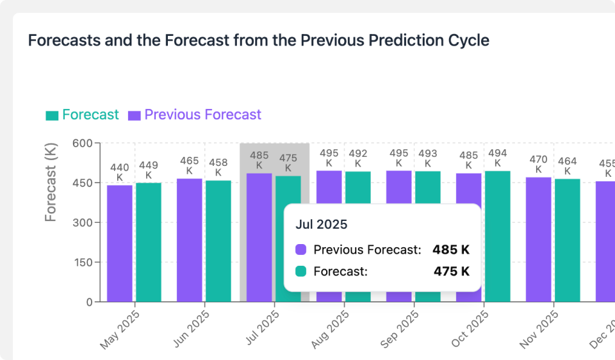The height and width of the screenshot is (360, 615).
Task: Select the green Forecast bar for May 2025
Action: (149, 242)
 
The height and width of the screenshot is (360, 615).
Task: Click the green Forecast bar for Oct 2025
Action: (498, 236)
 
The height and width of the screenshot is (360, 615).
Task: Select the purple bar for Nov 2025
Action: (539, 239)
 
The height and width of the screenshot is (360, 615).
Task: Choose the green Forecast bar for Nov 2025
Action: (568, 240)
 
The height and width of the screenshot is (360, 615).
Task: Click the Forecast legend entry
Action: (82, 115)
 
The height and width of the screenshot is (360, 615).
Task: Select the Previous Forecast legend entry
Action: (195, 115)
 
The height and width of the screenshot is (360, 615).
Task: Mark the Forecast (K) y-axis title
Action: (51, 183)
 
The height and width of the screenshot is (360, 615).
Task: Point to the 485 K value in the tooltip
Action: (451, 250)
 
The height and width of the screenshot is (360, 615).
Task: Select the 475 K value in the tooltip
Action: (451, 272)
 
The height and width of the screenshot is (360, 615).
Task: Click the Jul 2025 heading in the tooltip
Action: (322, 225)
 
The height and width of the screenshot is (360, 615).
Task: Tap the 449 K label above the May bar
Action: (149, 170)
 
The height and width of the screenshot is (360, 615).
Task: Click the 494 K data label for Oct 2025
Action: (498, 158)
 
